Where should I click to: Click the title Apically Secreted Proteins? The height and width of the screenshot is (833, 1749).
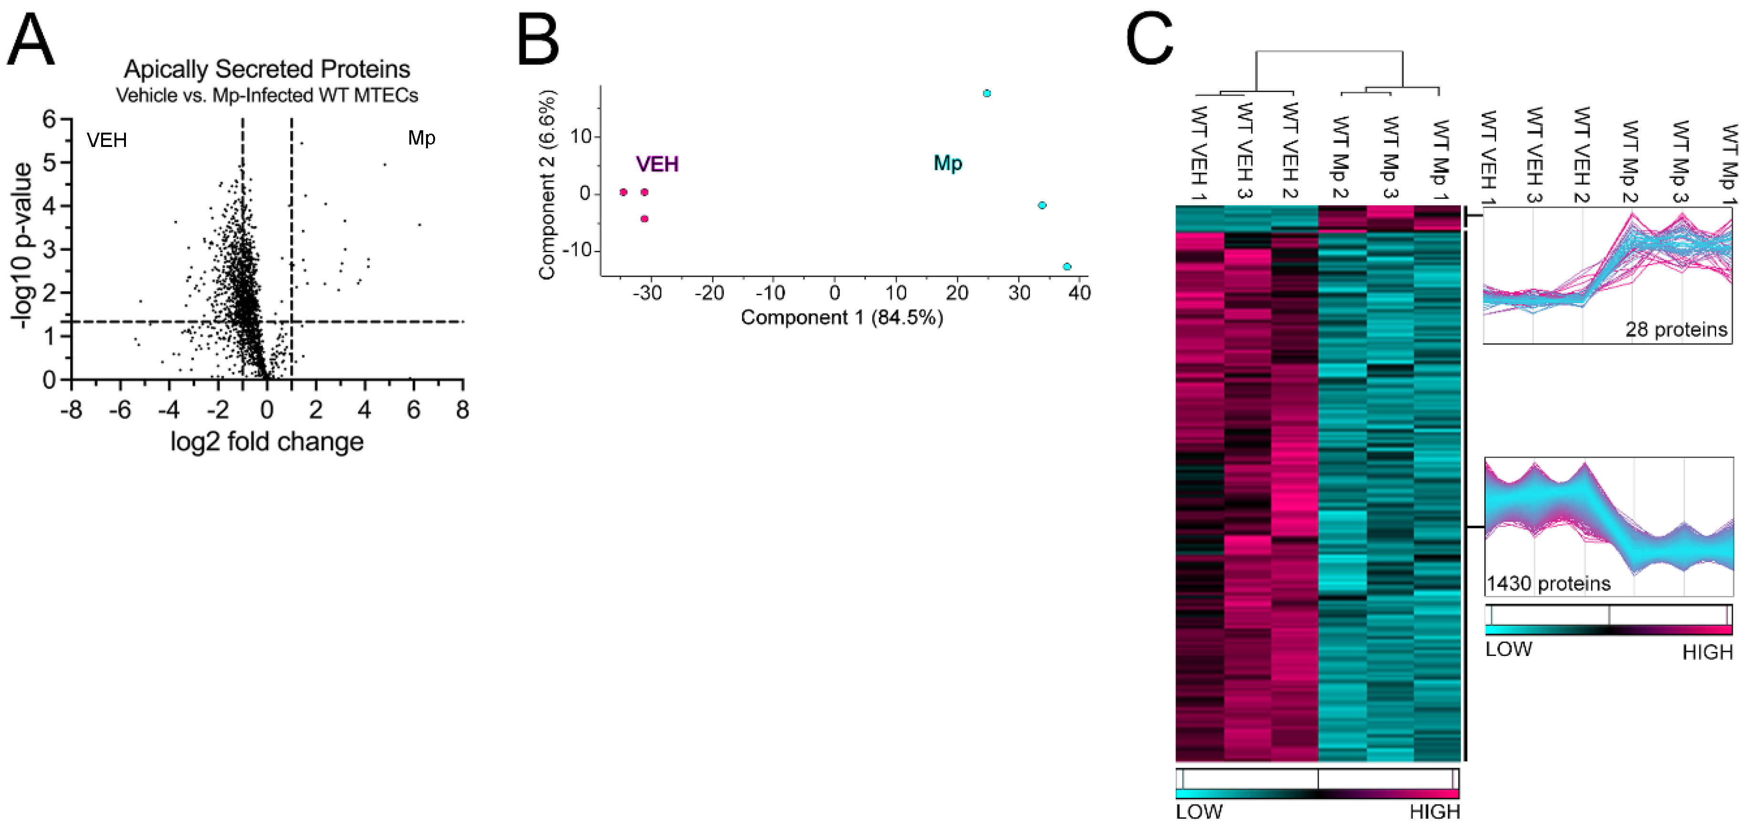[x=267, y=69]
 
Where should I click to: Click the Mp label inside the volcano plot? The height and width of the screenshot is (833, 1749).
[x=421, y=138]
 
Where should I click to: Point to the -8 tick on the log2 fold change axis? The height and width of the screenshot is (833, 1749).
[x=71, y=410]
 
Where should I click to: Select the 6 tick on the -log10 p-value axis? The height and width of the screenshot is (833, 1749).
[x=49, y=119]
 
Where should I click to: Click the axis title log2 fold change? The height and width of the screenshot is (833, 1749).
[x=267, y=442]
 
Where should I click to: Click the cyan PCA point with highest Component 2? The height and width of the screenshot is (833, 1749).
[x=987, y=94]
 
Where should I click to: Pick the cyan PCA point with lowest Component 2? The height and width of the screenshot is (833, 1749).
[x=1067, y=267]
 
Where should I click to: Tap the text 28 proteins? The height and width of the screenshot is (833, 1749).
[x=1675, y=330]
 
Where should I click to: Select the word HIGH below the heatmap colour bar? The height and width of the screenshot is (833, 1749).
[x=1434, y=812]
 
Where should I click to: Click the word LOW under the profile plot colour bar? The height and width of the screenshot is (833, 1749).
[x=1508, y=650]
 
